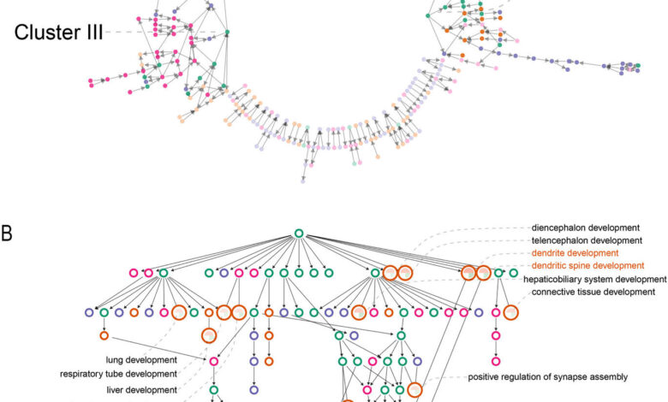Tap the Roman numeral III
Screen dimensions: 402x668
91,33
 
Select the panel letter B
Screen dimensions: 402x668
8,233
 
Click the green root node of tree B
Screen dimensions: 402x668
299,234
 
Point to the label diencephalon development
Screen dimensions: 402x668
586,228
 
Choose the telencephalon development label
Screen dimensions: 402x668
587,240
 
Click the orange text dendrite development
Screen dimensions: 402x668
575,253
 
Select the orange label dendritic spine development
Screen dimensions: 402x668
587,266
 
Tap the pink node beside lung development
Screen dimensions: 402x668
214,361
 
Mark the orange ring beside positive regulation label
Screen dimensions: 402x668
415,390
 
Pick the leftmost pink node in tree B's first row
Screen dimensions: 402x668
134,273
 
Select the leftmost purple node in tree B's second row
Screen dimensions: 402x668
89,313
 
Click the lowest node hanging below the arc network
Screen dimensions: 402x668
302,180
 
